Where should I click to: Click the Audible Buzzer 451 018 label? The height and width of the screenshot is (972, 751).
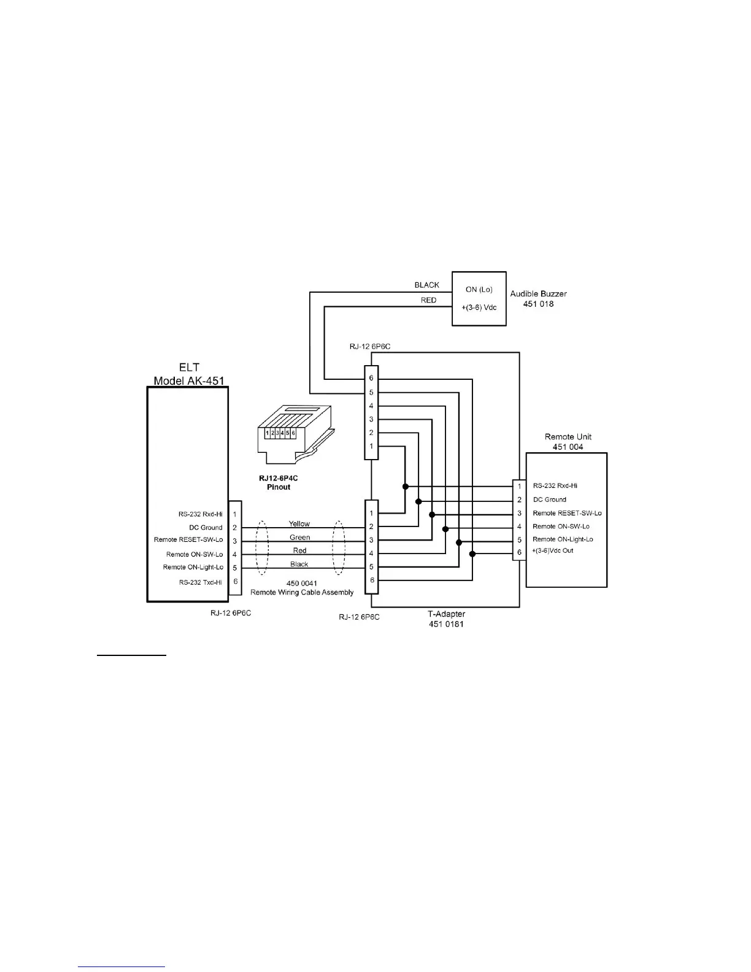point(538,298)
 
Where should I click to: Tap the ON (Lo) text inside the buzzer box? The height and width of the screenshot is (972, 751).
point(479,289)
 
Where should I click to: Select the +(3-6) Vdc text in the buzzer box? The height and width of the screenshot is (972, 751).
point(479,307)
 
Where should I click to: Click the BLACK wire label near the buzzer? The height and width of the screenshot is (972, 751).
point(427,285)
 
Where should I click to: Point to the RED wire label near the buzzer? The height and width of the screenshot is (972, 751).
point(429,300)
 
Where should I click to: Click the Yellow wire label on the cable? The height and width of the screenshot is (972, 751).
point(299,523)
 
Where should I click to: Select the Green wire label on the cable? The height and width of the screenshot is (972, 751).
point(299,537)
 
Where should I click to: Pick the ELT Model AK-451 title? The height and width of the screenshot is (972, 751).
point(189,374)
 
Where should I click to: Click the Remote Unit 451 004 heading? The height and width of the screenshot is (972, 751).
point(568,442)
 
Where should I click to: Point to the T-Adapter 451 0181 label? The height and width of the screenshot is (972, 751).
point(446,619)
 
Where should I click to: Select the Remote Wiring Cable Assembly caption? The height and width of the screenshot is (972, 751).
point(302,592)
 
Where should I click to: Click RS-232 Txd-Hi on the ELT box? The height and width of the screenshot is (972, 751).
point(201,582)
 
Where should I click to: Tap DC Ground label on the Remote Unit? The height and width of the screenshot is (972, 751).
point(549,499)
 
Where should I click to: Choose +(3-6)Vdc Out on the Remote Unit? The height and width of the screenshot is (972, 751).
point(553,550)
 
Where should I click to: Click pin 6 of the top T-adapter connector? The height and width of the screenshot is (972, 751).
point(371,378)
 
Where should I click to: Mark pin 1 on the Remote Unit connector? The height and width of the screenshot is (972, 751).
point(519,486)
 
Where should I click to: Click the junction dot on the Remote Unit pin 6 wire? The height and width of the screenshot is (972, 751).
point(472,554)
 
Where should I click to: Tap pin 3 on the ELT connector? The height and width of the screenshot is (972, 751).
point(235,541)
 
